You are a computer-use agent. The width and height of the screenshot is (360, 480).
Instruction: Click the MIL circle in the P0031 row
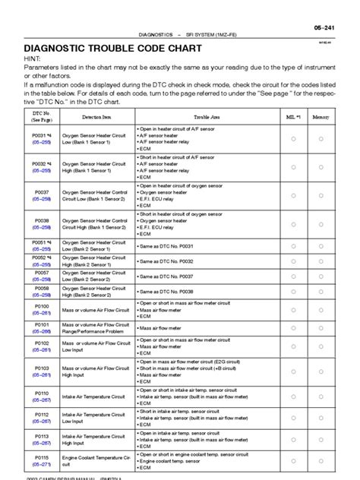292,139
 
